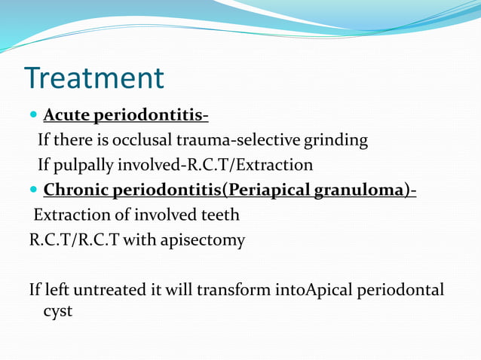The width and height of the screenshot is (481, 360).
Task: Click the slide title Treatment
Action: (94, 78)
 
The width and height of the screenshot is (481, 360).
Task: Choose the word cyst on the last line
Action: (58, 310)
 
